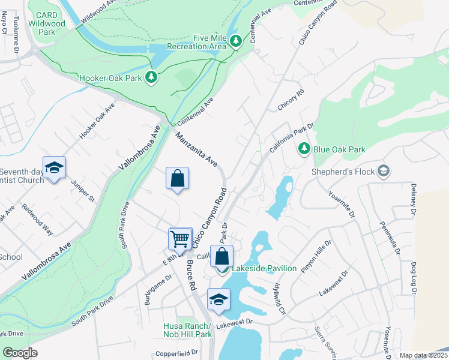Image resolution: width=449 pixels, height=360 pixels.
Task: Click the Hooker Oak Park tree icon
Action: pos(152,77)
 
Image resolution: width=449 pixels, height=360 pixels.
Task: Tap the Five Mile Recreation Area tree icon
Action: pos(236,41)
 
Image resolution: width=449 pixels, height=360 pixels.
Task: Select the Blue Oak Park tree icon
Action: pos(304,148)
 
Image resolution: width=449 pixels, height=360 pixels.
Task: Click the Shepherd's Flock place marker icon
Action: pos(382,172)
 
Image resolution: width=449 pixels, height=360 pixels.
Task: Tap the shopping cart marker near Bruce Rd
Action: pos(180,239)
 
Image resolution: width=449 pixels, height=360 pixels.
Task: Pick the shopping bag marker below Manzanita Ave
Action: pos(178,179)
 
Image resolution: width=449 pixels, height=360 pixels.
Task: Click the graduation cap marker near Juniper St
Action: pos(54,168)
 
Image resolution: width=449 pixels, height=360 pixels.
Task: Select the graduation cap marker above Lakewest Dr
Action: pos(218,300)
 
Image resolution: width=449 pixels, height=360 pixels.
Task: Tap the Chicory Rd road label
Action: pos(291,100)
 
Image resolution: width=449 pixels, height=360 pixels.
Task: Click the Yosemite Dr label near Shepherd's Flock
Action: pos(342,205)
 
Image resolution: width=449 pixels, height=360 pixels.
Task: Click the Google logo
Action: pos(20,353)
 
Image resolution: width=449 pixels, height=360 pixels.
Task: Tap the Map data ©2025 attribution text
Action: pos(423,355)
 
